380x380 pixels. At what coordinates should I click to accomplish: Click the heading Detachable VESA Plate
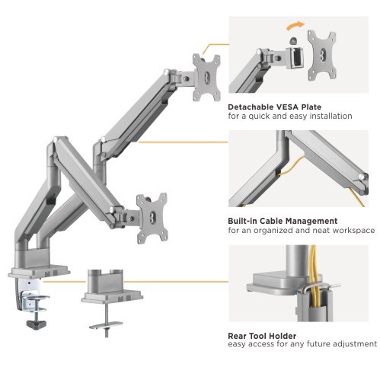[274, 107]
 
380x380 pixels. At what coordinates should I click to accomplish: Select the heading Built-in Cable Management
[283, 221]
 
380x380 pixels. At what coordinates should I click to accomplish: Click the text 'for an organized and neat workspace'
[301, 231]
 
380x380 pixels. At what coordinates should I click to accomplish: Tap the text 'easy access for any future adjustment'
[302, 345]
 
